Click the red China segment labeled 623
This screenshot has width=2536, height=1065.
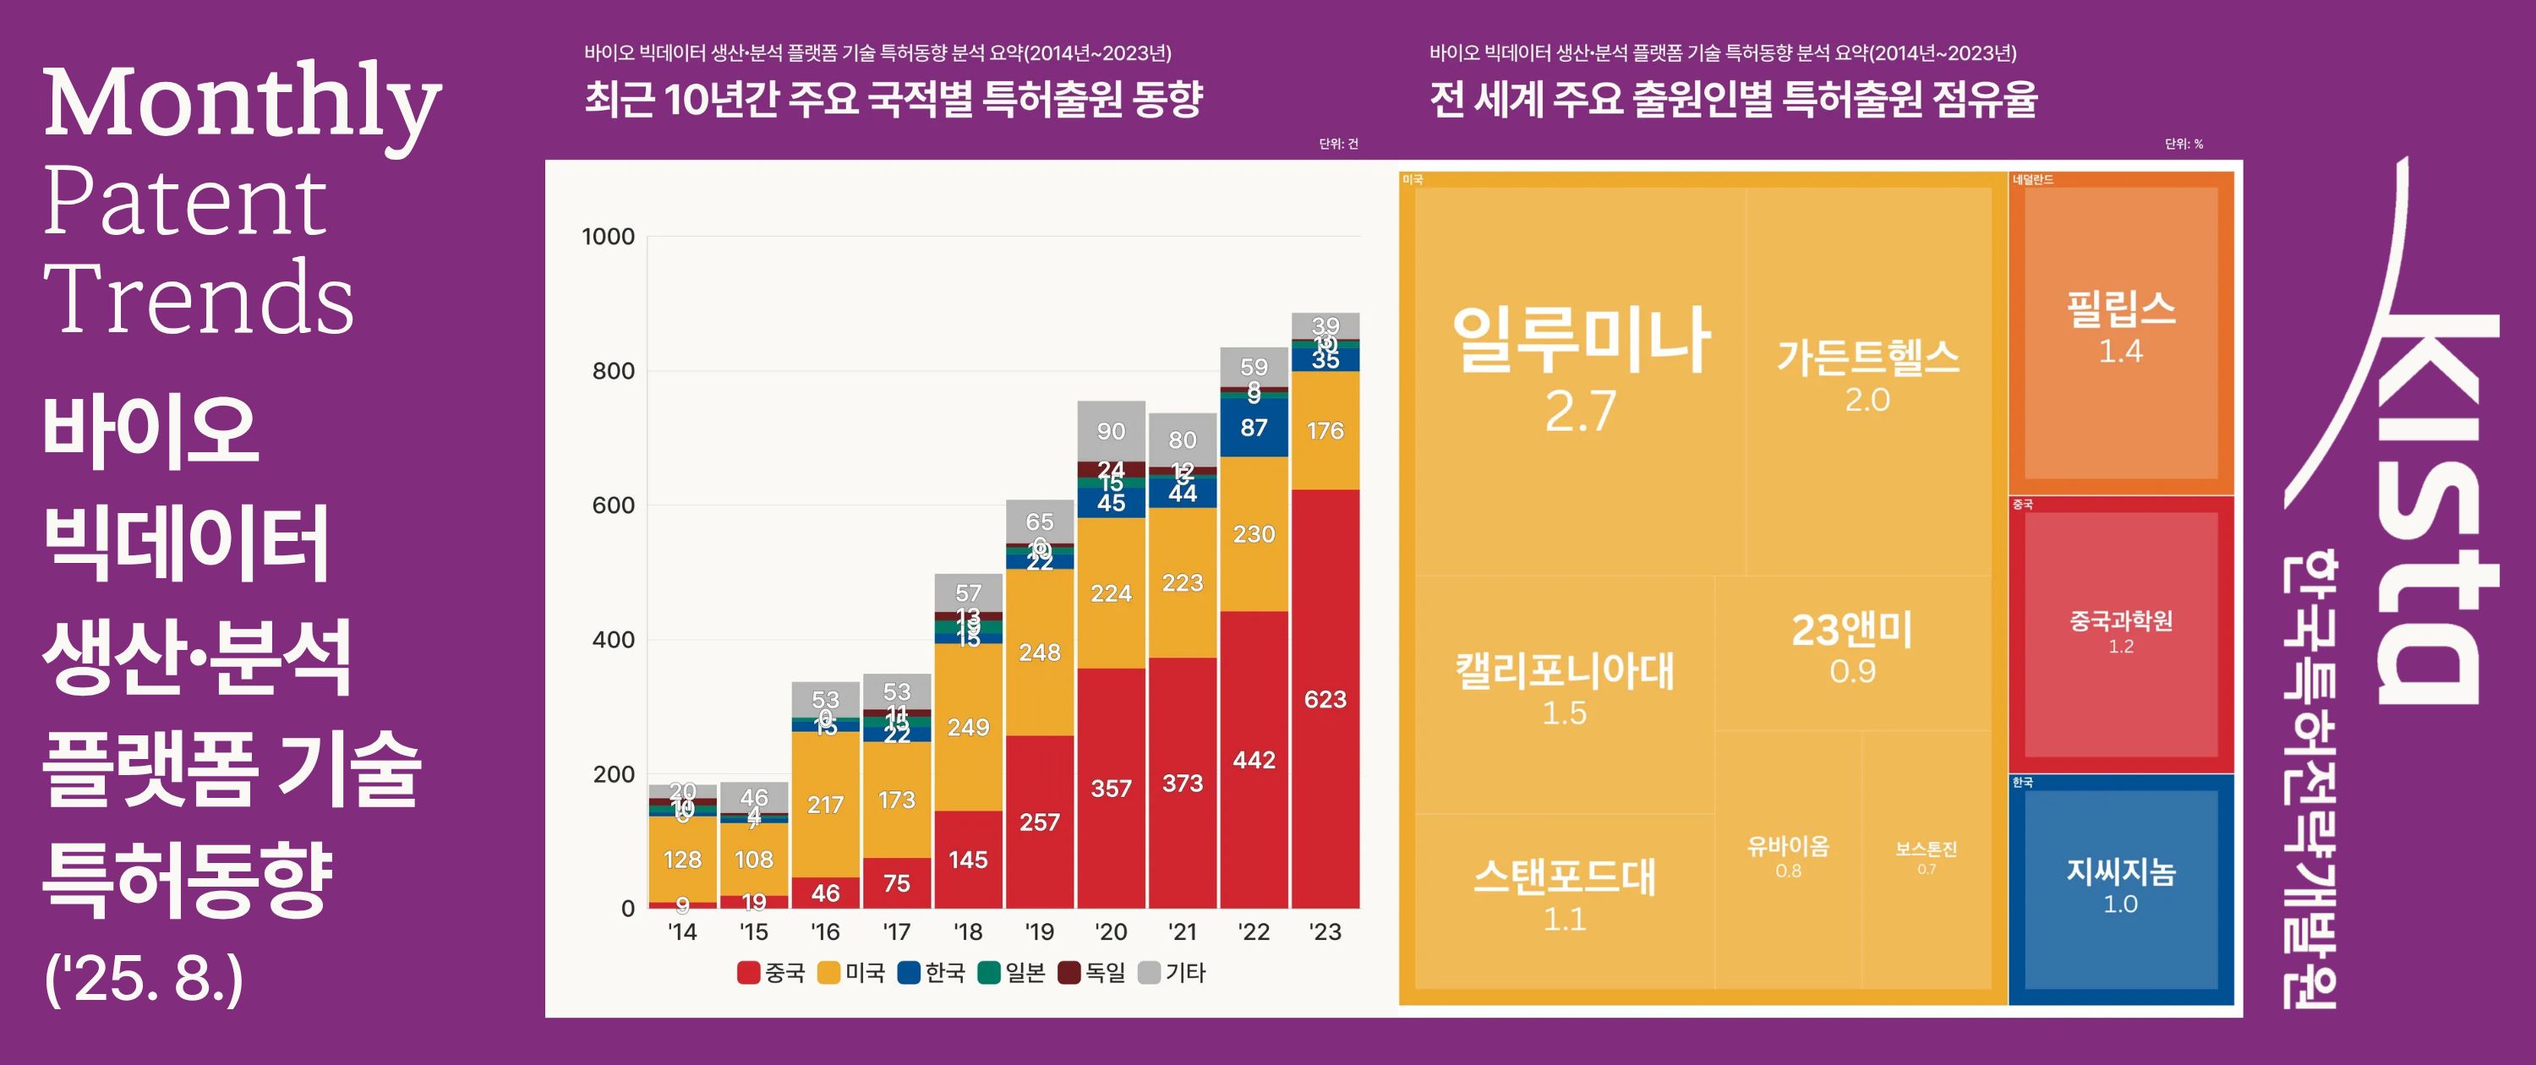[1325, 699]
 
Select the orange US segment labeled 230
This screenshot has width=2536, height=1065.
[1254, 534]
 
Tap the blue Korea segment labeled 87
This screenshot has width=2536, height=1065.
[1254, 427]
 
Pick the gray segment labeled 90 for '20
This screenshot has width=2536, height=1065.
[1111, 431]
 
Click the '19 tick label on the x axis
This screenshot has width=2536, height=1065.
[1040, 932]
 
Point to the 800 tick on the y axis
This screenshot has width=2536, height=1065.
[614, 371]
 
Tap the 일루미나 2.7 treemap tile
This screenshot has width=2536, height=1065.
[1580, 374]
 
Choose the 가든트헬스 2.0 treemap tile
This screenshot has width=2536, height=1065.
[1867, 374]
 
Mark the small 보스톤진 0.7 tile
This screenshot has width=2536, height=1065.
[1926, 857]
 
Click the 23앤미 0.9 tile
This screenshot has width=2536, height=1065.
[1852, 650]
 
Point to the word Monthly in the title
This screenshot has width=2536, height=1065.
[242, 102]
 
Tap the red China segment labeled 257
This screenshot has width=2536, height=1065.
[1040, 822]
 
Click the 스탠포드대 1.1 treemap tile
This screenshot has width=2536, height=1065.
[1565, 896]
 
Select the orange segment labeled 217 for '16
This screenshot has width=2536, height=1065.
[825, 804]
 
